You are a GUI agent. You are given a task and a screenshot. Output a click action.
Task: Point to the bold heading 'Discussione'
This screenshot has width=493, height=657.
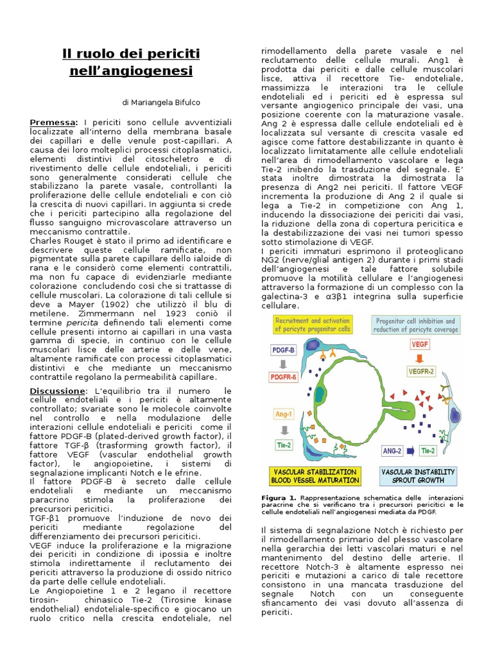[57, 391]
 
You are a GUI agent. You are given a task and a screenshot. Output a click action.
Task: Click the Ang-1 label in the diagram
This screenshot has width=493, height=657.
[284, 414]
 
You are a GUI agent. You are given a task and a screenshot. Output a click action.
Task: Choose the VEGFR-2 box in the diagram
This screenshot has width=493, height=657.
[422, 371]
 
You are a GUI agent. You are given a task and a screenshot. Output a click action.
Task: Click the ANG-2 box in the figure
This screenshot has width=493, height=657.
[392, 451]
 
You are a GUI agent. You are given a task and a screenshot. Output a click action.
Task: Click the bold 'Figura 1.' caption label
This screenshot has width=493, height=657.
[279, 498]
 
